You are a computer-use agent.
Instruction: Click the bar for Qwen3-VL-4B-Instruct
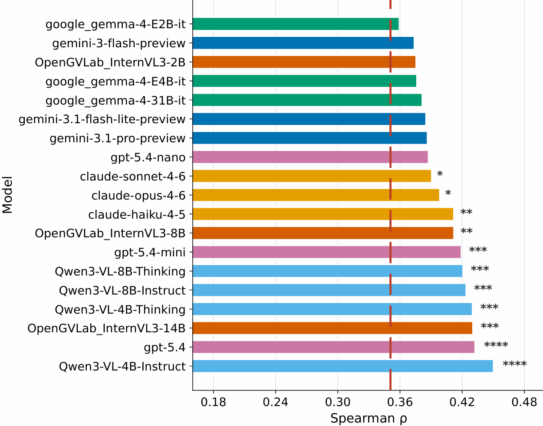coord(342,366)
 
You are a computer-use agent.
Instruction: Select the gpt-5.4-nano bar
coord(310,157)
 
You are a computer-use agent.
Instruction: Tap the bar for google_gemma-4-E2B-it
coord(296,24)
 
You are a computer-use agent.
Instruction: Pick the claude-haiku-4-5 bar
coord(323,214)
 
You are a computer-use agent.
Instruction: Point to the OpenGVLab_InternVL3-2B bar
coord(304,62)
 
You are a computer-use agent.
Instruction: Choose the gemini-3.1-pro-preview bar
coord(309,138)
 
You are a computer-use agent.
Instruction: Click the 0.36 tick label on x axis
coord(400,402)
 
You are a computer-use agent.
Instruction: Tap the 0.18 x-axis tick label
coord(214,402)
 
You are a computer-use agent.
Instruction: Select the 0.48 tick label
coord(524,402)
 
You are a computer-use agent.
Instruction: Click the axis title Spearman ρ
coord(369,419)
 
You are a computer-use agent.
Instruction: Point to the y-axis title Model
coord(7,195)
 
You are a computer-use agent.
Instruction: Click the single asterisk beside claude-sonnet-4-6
coord(440,174)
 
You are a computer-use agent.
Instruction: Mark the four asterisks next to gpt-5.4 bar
coord(496,345)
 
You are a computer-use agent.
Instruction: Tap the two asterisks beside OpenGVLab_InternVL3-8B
coord(467,231)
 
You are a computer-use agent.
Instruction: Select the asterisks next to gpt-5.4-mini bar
coord(478,250)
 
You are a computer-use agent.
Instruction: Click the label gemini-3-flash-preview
coord(119,43)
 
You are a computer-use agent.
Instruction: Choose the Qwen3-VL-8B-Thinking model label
coord(120,272)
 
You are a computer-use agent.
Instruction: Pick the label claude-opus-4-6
coord(138,196)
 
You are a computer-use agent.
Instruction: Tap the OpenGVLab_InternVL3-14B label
coord(106,328)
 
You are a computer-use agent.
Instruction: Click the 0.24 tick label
coord(276,402)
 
